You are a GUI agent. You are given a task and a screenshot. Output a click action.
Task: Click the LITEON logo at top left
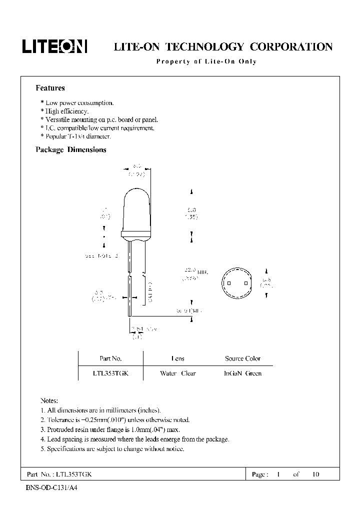tap(54, 46)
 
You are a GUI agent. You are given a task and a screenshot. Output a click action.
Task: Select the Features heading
tap(50, 88)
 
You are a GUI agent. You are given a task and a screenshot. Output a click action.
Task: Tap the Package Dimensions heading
tap(70, 149)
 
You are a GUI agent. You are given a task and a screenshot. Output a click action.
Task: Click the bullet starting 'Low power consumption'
tap(77, 103)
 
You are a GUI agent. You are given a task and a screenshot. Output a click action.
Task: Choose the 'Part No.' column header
tap(110, 358)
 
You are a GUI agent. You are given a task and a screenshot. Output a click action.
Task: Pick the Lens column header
tap(177, 358)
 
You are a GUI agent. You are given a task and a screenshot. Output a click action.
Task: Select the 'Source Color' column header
tap(242, 358)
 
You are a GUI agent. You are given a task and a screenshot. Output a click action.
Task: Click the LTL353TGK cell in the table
tap(110, 373)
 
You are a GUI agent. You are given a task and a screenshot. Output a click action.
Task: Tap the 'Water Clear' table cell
tap(177, 373)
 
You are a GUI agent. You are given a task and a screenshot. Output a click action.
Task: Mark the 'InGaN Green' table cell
tap(243, 373)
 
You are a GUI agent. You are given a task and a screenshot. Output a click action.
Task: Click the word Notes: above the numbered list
tap(49, 400)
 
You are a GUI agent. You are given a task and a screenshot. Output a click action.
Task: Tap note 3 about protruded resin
tap(109, 429)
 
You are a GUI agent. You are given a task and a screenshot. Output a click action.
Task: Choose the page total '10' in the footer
tap(315, 474)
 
